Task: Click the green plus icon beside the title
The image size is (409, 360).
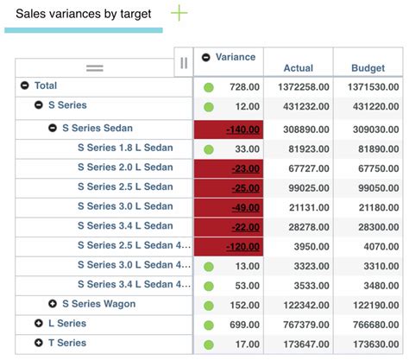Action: (x=179, y=13)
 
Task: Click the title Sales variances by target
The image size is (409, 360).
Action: (x=83, y=14)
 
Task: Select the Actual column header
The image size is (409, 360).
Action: (x=298, y=67)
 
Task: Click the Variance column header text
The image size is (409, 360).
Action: (x=235, y=57)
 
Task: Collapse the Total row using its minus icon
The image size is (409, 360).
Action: (x=25, y=85)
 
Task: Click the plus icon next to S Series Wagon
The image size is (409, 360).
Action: (x=53, y=304)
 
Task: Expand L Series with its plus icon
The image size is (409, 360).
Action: (x=38, y=323)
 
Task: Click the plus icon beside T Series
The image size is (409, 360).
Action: (x=38, y=343)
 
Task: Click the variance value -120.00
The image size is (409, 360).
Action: (x=242, y=246)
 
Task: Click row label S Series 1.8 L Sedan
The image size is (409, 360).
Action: (x=125, y=148)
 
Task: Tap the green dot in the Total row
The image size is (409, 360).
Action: (x=209, y=87)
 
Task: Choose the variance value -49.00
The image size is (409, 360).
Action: (x=245, y=206)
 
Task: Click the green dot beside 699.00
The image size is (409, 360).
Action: (x=209, y=324)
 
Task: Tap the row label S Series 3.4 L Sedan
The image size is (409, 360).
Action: (x=125, y=225)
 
